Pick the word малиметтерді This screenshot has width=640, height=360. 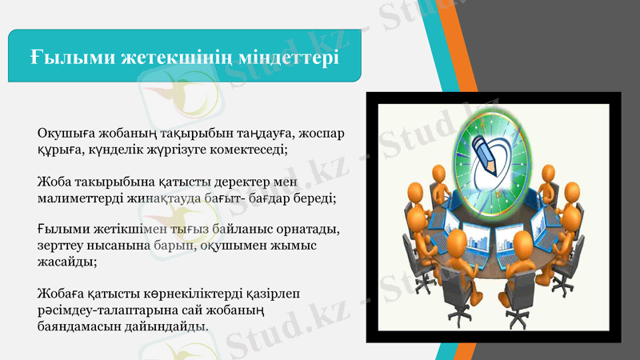(x=83, y=197)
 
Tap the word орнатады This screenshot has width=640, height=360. (x=310, y=229)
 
